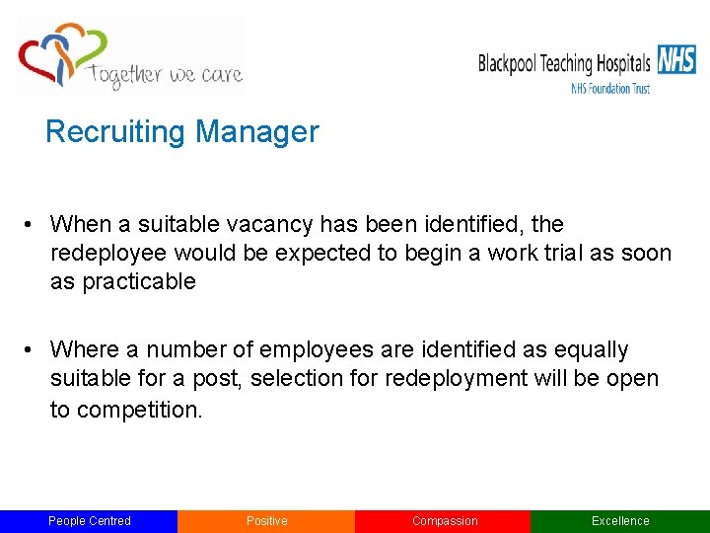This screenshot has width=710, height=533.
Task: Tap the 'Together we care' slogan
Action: (166, 74)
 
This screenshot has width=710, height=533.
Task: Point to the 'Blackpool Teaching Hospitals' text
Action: (564, 64)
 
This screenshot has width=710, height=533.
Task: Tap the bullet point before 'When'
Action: (33, 225)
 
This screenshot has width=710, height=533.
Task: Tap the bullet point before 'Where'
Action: (33, 350)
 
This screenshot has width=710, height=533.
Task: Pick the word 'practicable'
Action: (139, 281)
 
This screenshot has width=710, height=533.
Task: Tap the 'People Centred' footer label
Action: (89, 521)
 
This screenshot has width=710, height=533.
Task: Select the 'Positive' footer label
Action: (266, 521)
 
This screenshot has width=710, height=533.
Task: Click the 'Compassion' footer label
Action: (444, 521)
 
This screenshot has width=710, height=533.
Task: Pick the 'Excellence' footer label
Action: (620, 521)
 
